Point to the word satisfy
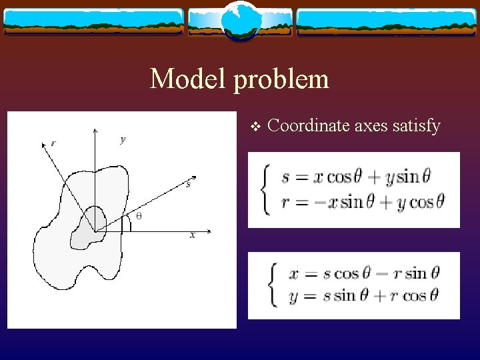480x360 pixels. (417, 125)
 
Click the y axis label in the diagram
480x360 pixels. (123, 139)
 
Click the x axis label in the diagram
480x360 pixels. (192, 235)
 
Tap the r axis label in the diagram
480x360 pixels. (54, 142)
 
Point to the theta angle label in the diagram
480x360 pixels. (139, 215)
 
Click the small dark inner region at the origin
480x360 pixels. (93, 223)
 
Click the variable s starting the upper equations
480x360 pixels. (285, 178)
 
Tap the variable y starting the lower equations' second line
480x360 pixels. (293, 296)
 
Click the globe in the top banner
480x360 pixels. (239, 20)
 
